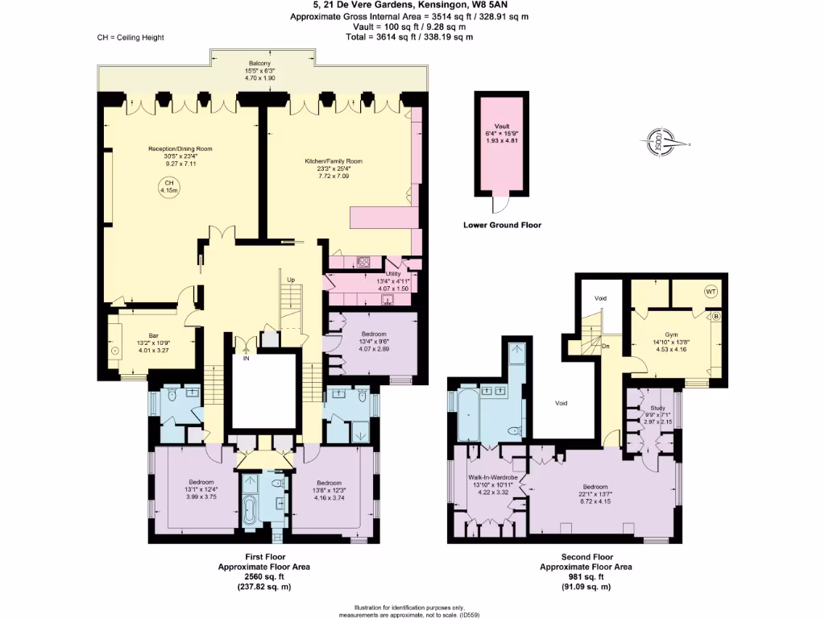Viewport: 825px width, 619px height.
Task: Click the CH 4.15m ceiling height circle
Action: click(x=169, y=187)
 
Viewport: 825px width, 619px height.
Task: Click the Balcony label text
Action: click(x=259, y=63)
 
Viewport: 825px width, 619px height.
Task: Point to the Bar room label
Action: click(x=153, y=335)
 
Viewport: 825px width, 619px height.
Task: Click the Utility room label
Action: click(x=393, y=261)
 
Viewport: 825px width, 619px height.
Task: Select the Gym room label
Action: click(x=671, y=334)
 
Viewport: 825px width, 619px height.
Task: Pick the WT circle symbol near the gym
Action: click(x=711, y=292)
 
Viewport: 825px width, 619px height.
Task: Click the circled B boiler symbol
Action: click(x=715, y=317)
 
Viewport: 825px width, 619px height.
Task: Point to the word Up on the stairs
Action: click(x=291, y=280)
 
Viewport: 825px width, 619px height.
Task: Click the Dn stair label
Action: click(x=604, y=346)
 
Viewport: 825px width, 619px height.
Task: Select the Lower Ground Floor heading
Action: click(x=502, y=226)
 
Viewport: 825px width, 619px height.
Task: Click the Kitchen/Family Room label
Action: click(x=334, y=161)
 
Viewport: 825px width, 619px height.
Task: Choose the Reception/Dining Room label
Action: click(x=180, y=149)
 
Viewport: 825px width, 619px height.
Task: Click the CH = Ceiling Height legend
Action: click(x=131, y=37)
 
